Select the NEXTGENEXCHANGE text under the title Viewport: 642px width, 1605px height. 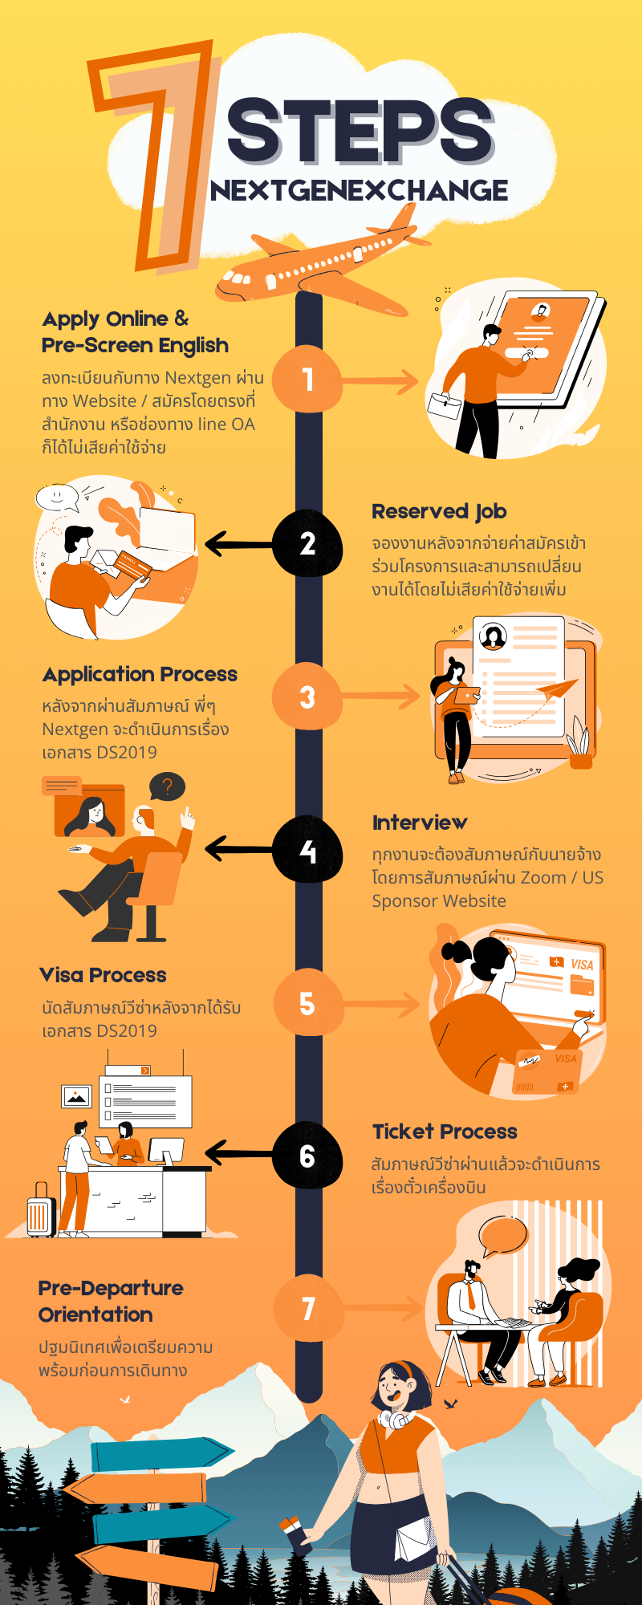(x=359, y=191)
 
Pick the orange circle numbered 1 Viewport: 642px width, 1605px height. (x=307, y=380)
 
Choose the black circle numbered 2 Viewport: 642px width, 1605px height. (x=307, y=543)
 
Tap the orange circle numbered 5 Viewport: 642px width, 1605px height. (x=307, y=1004)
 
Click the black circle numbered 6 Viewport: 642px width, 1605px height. (x=307, y=1156)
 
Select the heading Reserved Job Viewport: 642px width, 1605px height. (x=439, y=511)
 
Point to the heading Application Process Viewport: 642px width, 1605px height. (x=140, y=674)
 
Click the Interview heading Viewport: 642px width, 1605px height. (x=420, y=823)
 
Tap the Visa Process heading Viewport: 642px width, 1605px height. (x=103, y=975)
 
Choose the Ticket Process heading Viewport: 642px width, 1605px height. (x=445, y=1132)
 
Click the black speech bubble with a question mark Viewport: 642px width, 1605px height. (x=167, y=787)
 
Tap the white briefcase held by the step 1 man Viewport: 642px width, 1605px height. (x=444, y=406)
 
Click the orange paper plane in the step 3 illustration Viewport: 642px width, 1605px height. (x=556, y=689)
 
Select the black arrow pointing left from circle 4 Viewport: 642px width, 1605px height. (x=238, y=849)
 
